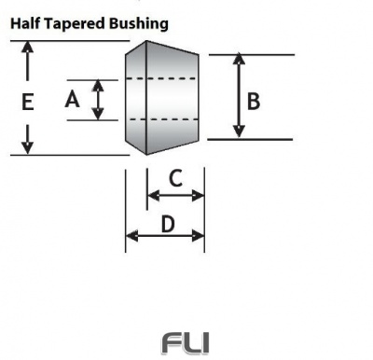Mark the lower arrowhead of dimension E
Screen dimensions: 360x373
(28, 147)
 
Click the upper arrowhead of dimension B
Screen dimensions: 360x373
(241, 60)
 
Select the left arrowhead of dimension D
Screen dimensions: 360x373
(131, 235)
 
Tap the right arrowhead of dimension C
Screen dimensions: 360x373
(198, 195)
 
